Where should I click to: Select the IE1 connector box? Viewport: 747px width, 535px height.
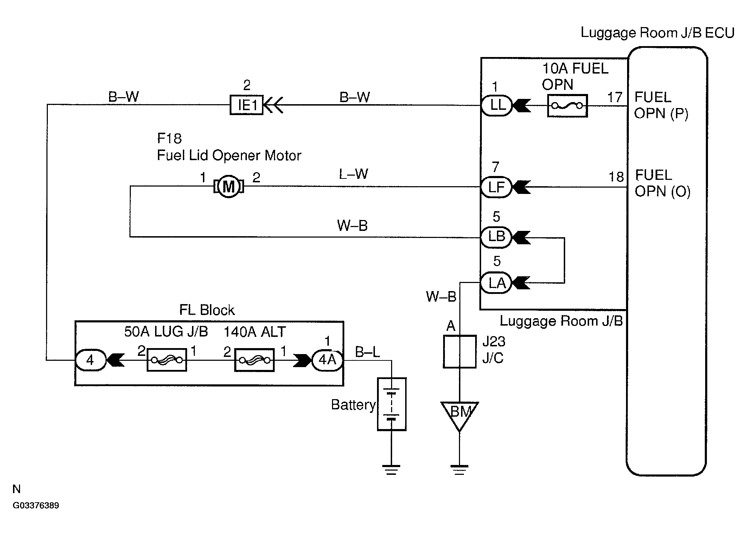[x=247, y=105]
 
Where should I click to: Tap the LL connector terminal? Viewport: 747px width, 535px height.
[x=497, y=105]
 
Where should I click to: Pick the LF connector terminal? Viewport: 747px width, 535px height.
[x=496, y=187]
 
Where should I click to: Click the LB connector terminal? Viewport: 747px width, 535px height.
[x=496, y=237]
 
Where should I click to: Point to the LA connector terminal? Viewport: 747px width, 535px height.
[x=496, y=283]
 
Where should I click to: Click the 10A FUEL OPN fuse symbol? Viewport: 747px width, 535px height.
[x=567, y=105]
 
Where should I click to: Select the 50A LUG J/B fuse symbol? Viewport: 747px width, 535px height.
[x=167, y=360]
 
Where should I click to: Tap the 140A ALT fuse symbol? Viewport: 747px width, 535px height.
[x=254, y=360]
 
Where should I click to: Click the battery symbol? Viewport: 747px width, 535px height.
[x=391, y=404]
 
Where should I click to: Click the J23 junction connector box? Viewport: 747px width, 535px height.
[x=459, y=352]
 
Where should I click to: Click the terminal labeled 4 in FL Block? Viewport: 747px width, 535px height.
[x=90, y=360]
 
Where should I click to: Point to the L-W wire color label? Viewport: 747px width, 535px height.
[x=353, y=174]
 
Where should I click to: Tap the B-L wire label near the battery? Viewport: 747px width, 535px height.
[x=368, y=352]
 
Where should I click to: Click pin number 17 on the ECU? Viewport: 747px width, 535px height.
[x=615, y=97]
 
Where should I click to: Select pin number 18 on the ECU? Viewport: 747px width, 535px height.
[x=616, y=177]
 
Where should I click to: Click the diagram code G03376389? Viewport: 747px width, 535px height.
[x=36, y=505]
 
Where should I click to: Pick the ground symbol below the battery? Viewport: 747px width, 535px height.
[x=391, y=470]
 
